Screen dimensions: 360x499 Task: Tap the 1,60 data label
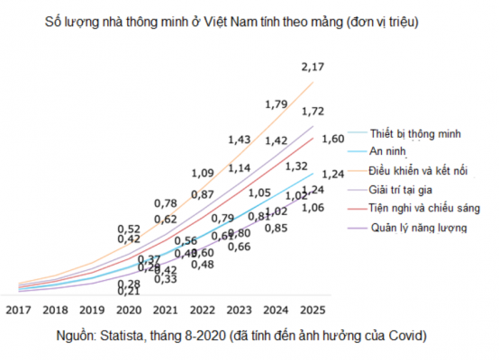tap(333, 139)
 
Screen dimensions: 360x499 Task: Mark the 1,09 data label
tap(204, 173)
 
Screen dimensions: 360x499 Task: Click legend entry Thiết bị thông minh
tap(415, 133)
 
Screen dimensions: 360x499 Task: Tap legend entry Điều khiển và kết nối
tap(420, 171)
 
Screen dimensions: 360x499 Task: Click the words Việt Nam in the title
tap(223, 17)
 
